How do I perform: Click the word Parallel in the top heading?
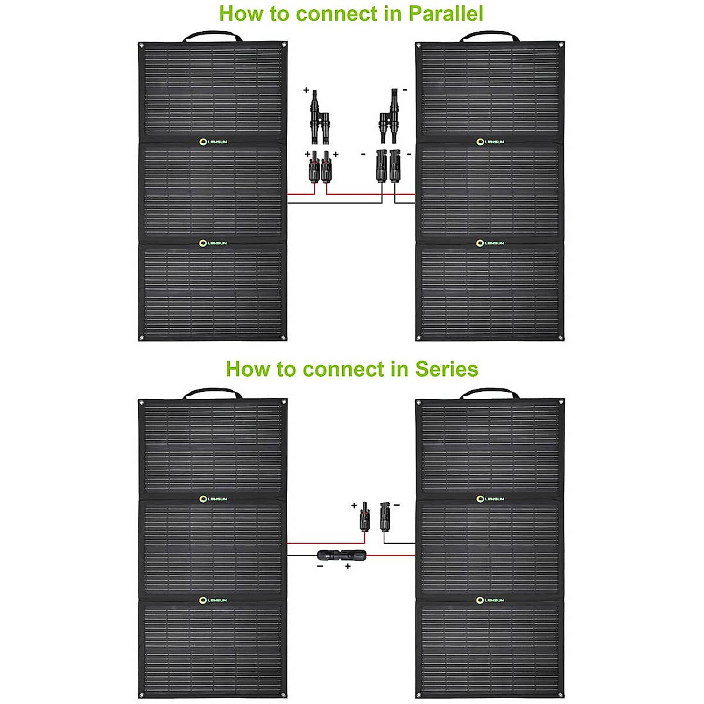(x=446, y=13)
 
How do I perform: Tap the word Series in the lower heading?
(x=446, y=369)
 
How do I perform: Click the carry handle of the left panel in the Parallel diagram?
(x=212, y=36)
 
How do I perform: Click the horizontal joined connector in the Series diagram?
(x=340, y=554)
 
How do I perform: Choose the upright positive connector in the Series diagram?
(x=365, y=516)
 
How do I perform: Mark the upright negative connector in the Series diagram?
(x=385, y=516)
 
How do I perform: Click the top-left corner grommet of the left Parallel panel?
(x=141, y=45)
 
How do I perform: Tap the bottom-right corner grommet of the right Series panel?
(x=561, y=693)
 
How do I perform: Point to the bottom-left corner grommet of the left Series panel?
(x=141, y=693)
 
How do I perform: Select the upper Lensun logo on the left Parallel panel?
(x=212, y=141)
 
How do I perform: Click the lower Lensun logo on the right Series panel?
(x=490, y=600)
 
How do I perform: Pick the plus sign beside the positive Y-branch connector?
(x=306, y=91)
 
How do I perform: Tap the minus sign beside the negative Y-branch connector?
(x=405, y=90)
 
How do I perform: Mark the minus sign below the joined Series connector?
(x=320, y=566)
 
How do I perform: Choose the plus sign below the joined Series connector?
(x=348, y=567)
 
